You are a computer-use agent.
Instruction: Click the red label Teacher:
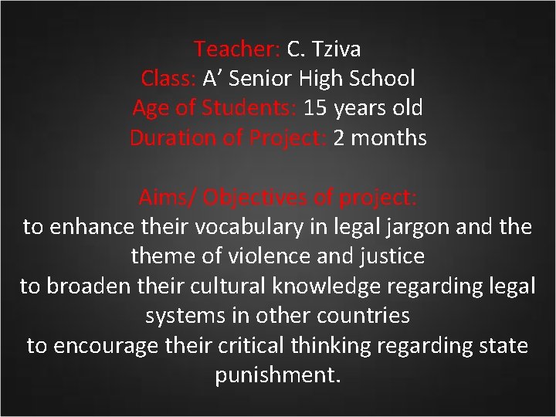tap(237, 49)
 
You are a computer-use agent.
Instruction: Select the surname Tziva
tap(334, 49)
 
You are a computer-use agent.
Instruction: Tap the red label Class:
tap(168, 79)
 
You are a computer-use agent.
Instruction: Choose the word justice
tap(385, 256)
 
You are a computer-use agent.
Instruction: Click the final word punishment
tap(277, 376)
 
